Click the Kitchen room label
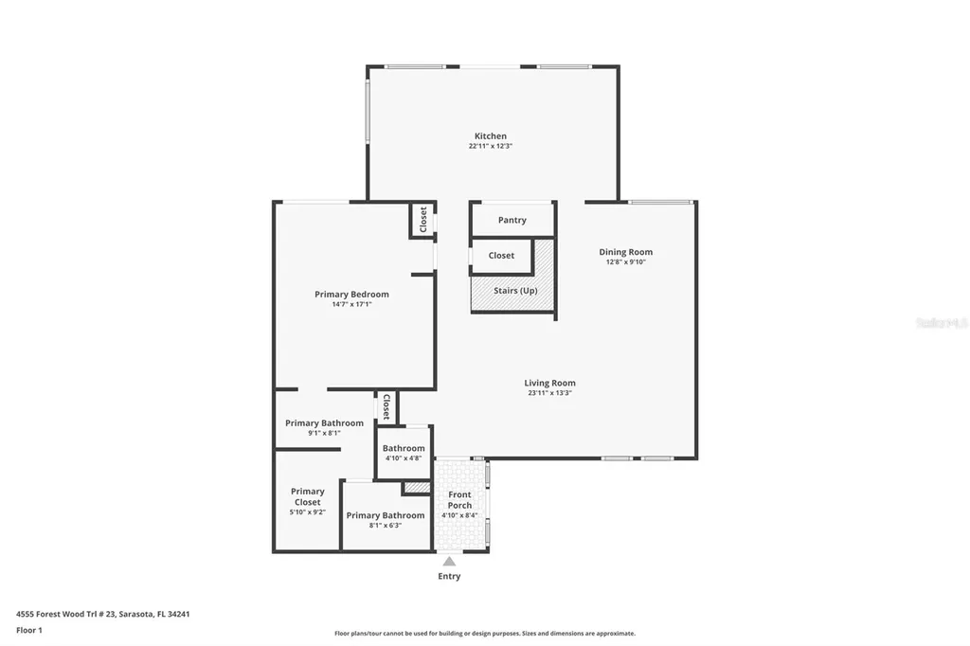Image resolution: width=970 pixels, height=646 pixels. point(490,136)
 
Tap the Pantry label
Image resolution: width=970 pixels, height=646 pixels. point(512,221)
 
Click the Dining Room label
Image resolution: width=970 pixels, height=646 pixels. point(625,252)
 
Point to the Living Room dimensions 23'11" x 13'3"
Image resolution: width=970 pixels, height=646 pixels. point(549,393)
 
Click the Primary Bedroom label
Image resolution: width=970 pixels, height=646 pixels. point(351,295)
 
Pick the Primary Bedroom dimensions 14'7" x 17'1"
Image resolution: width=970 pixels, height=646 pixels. point(351,305)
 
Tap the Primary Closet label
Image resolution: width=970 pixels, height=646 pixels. point(307,496)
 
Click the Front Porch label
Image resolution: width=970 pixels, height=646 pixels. point(459,500)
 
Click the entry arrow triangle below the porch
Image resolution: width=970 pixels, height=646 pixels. point(449,562)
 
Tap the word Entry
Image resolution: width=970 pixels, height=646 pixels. point(449,576)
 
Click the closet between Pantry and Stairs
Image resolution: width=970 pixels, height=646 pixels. point(501,256)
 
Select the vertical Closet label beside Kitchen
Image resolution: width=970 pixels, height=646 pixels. point(422,219)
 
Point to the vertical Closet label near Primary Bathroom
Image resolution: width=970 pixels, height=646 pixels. point(386,406)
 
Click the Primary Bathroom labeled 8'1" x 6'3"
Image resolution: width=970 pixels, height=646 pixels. point(385,516)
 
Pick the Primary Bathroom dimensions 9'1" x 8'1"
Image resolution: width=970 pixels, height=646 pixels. point(324,433)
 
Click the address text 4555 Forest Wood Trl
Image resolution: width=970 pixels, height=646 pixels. point(103,614)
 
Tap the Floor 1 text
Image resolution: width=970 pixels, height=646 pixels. point(29,630)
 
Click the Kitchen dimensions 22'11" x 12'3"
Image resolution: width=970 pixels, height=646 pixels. point(490,147)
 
